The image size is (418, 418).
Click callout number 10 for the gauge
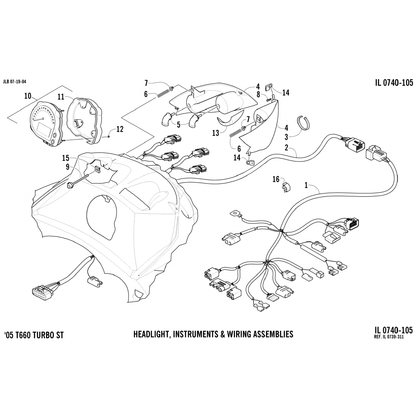pyautogui.click(x=28, y=96)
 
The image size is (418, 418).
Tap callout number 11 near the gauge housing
pyautogui.click(x=61, y=97)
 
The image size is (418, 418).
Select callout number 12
pyautogui.click(x=120, y=129)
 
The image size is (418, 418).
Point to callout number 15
pyautogui.click(x=65, y=158)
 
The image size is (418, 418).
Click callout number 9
pyautogui.click(x=68, y=167)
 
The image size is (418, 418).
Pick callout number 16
pyautogui.click(x=276, y=179)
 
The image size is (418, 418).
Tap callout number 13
pyautogui.click(x=216, y=133)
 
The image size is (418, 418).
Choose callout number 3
pyautogui.click(x=286, y=137)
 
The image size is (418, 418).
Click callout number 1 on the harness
pyautogui.click(x=306, y=185)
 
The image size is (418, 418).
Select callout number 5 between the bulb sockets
pyautogui.click(x=179, y=125)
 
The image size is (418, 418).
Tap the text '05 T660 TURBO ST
pyautogui.click(x=34, y=335)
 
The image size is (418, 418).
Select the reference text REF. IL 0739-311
pyautogui.click(x=389, y=337)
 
